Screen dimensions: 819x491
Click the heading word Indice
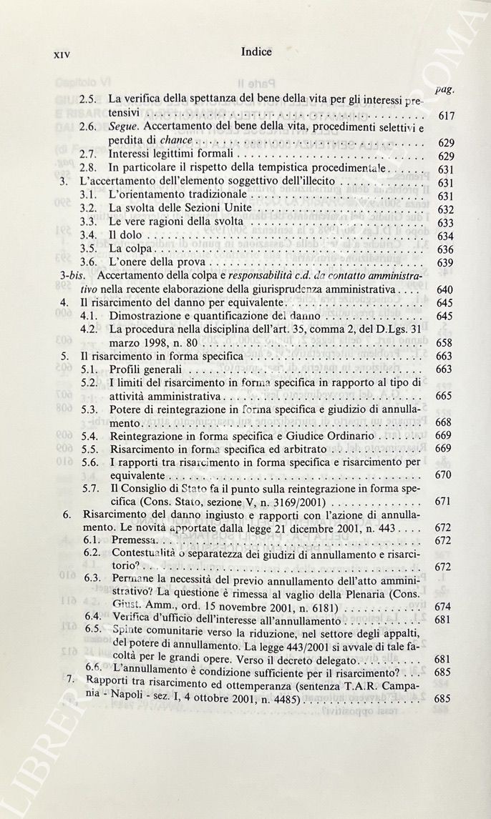[256, 51]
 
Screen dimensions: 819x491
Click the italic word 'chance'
[176, 142]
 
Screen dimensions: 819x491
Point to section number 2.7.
[88, 154]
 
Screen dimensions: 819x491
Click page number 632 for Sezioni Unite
[444, 210]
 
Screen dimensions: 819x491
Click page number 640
[444, 290]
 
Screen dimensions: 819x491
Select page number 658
[444, 343]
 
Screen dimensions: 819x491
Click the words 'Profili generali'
[146, 369]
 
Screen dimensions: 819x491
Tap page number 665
[443, 396]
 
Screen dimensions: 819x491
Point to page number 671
[444, 502]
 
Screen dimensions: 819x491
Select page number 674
[443, 607]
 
